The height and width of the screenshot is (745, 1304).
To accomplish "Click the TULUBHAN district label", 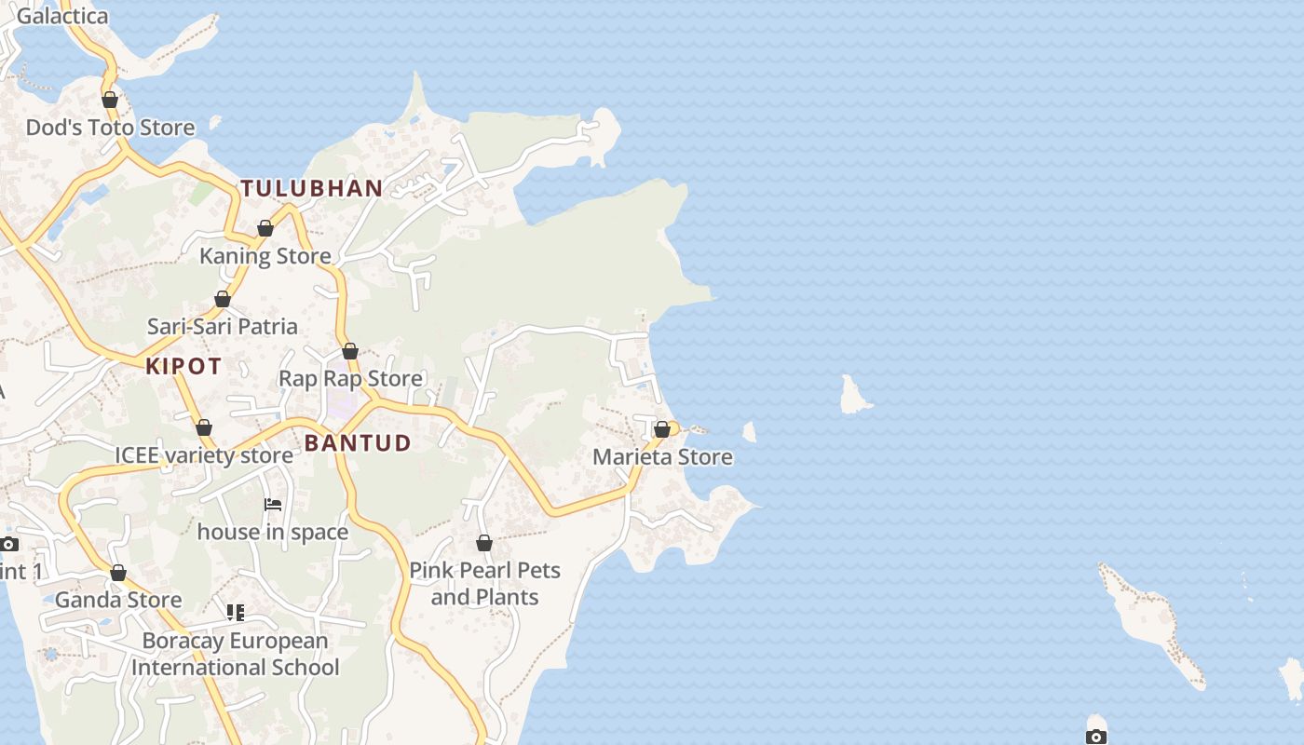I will click(312, 188).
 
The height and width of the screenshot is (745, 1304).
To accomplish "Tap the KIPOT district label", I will click(183, 366).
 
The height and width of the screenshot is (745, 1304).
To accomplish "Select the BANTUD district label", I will click(358, 443).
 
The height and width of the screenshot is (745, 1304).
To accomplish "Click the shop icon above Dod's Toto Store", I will click(110, 100).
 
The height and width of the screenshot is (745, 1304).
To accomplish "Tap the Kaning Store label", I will click(265, 256).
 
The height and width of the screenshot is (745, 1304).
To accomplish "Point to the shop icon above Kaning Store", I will click(265, 228).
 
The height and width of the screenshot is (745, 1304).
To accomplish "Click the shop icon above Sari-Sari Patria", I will click(223, 299).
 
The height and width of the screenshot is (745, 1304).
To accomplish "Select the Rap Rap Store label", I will click(350, 379).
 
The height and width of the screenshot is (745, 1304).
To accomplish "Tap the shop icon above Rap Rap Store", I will click(350, 351).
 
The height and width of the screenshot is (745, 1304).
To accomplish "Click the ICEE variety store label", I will click(203, 455).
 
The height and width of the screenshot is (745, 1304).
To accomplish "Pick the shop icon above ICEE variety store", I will click(204, 427).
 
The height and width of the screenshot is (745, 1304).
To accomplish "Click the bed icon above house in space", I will click(273, 505).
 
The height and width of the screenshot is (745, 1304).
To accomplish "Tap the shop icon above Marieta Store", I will click(662, 429).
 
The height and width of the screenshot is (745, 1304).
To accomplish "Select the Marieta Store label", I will click(662, 457).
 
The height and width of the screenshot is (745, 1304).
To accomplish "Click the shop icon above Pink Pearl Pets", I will click(484, 542).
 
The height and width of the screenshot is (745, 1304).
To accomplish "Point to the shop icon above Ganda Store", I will click(118, 573).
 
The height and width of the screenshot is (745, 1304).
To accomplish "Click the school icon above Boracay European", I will click(236, 613).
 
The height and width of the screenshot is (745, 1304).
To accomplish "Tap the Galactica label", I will click(62, 16).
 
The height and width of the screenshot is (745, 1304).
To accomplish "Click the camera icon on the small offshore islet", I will click(1096, 737).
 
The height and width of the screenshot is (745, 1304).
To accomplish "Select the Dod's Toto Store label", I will click(110, 128).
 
